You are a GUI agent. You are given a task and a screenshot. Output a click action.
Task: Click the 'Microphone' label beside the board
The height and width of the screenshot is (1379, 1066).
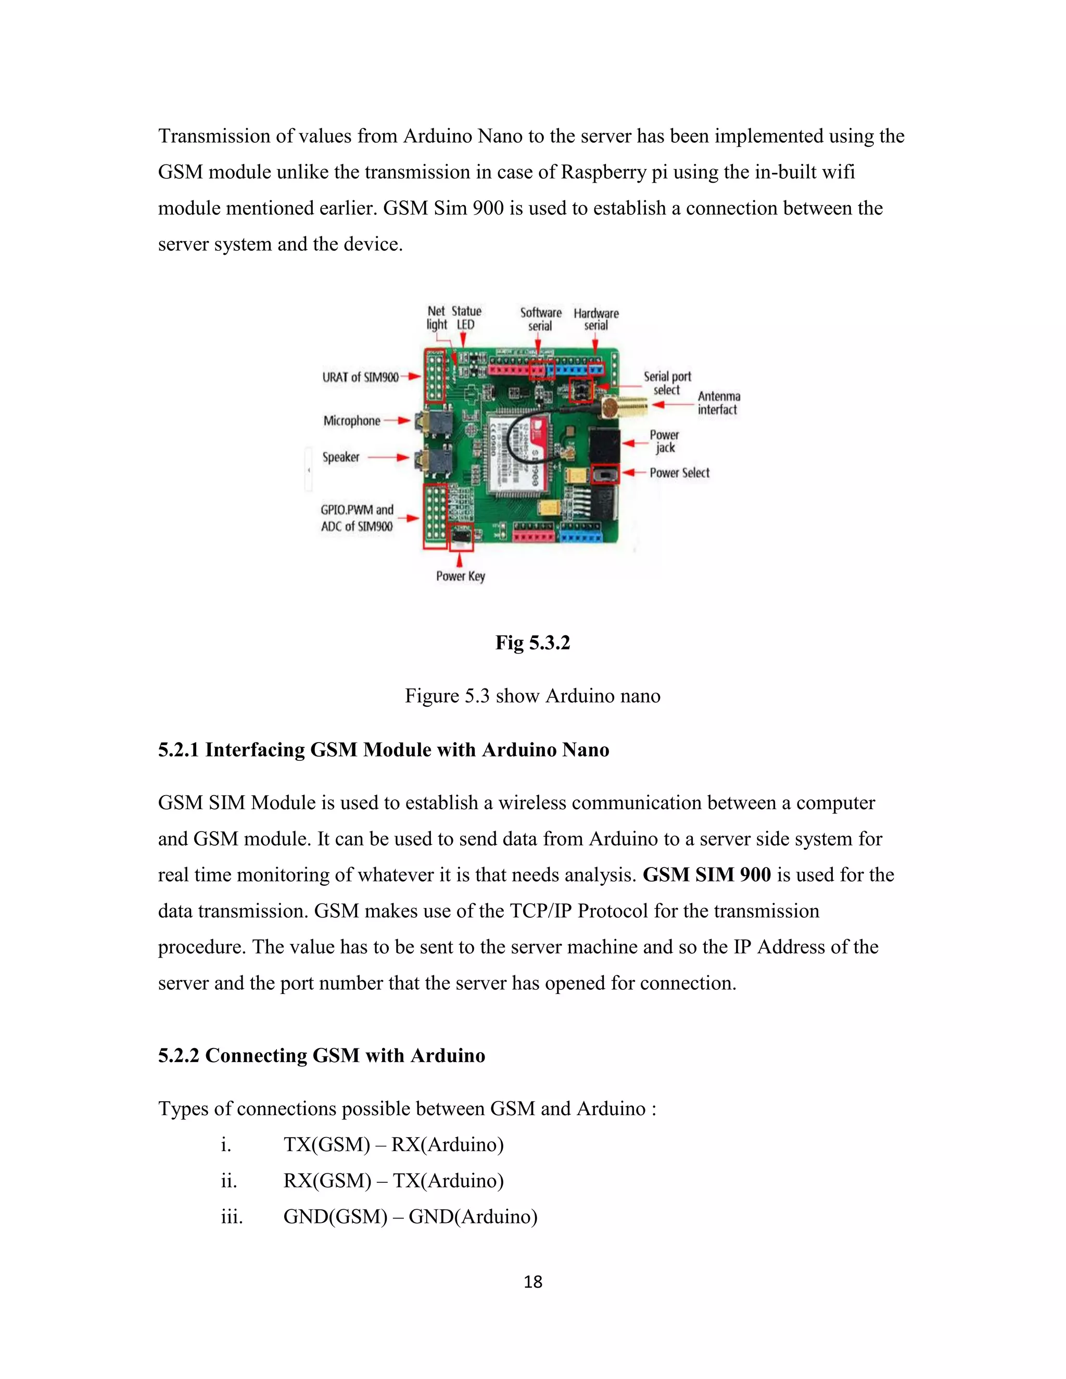coord(352,420)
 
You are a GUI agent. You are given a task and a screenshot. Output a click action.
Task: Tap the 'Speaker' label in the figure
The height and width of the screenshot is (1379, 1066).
coord(341,457)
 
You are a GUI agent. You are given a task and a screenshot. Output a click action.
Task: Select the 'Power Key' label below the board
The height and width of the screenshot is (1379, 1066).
coord(460,576)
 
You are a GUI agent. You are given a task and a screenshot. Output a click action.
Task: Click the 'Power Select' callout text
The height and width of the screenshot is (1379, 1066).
coord(679,473)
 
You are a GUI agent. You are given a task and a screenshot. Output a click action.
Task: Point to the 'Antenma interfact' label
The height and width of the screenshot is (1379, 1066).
coord(719,403)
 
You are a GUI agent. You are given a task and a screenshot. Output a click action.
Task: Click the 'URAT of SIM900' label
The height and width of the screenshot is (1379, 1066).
coord(361,377)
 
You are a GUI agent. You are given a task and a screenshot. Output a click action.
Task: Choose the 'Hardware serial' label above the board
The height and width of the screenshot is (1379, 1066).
coord(596,319)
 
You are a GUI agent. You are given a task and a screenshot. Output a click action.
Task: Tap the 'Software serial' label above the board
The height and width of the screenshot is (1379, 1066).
coord(541,319)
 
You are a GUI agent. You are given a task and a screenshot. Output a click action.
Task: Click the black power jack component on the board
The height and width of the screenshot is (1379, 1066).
coord(604,446)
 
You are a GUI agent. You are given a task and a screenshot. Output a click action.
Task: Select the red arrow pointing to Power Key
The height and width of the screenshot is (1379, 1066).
coord(460,559)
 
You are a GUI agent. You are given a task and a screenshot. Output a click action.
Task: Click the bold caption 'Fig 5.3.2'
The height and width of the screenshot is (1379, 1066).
coord(532,643)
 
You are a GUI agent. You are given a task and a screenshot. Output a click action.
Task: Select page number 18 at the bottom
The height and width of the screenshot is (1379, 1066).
coord(533,1282)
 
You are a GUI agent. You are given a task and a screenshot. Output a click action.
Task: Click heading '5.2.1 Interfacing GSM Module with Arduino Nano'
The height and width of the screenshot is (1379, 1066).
coord(383,749)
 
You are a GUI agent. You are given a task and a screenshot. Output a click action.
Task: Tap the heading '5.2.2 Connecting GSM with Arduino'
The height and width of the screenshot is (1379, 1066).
coord(322,1055)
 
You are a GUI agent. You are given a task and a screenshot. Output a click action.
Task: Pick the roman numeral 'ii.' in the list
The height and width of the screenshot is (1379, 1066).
coord(229,1180)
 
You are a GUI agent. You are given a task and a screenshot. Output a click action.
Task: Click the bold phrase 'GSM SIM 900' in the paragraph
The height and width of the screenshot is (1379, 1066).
coord(707,875)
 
